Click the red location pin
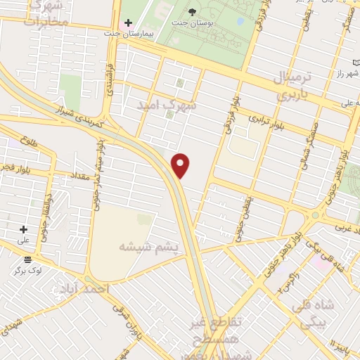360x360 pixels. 181,165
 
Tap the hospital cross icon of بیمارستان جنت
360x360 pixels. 127,23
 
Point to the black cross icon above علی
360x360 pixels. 23,229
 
